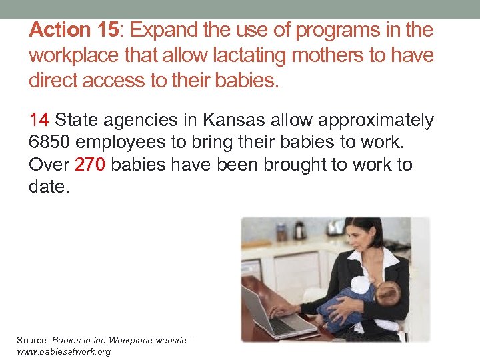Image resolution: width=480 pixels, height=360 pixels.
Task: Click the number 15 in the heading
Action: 106,30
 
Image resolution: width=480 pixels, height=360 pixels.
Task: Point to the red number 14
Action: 39,121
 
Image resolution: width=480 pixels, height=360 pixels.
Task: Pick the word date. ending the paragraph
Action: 49,187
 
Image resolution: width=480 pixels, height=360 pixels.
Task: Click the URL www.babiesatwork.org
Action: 63,351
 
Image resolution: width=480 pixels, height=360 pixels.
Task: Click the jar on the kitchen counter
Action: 281,233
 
